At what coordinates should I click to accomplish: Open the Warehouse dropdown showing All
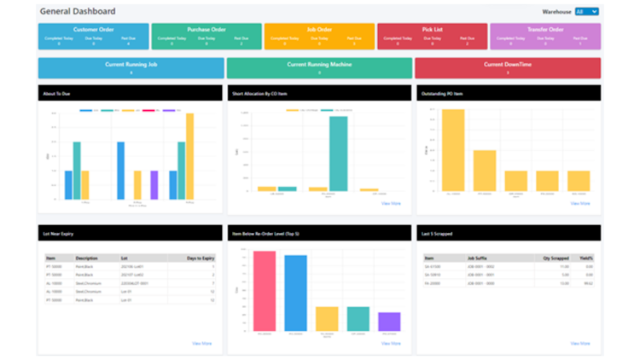[587, 12]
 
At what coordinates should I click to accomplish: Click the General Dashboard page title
[78, 12]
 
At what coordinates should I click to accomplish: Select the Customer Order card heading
[94, 30]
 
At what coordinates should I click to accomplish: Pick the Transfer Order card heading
[545, 30]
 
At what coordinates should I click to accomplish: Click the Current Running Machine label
[320, 65]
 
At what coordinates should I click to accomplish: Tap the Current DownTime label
[508, 65]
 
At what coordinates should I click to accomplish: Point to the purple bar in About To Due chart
[154, 184]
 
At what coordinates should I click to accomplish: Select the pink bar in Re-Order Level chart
[265, 290]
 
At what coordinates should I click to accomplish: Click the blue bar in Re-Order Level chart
[296, 293]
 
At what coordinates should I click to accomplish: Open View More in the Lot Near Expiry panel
[201, 343]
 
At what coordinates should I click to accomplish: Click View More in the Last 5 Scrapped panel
[579, 343]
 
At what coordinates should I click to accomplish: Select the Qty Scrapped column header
[555, 257]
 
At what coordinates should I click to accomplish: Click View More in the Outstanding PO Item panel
[579, 203]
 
